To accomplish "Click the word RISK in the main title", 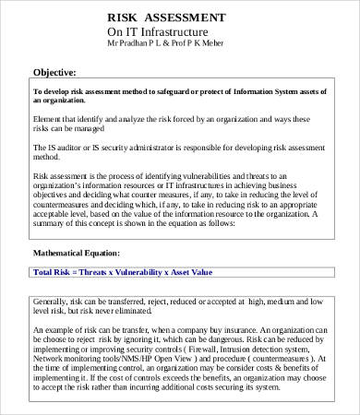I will pyautogui.click(x=126, y=18).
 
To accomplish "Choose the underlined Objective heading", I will pyautogui.click(x=54, y=72).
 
